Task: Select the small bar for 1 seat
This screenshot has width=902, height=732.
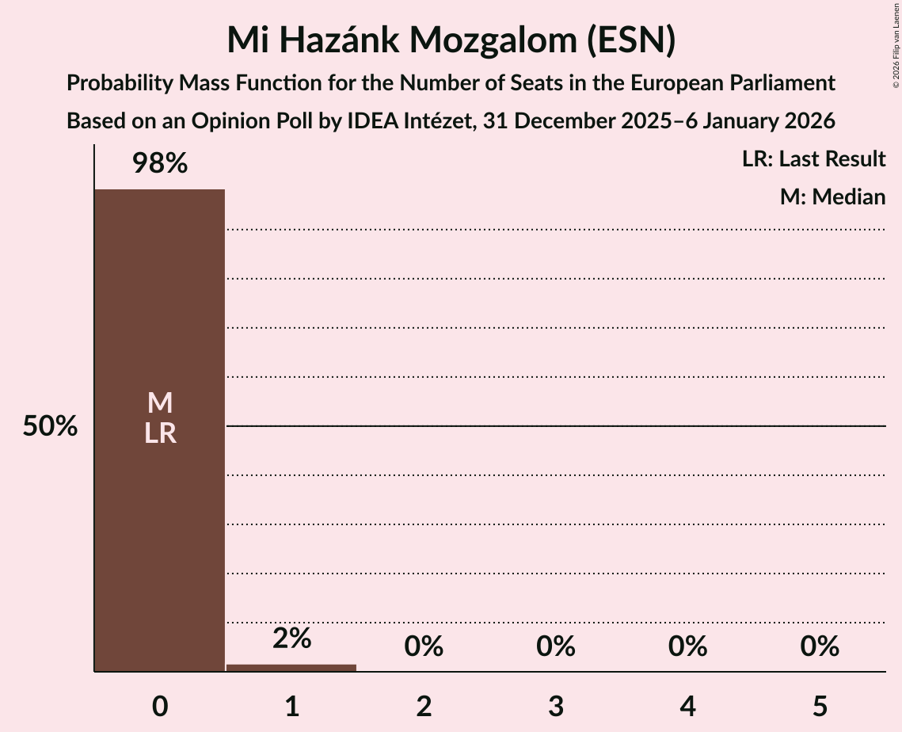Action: pyautogui.click(x=291, y=668)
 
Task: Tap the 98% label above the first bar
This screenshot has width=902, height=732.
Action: pyautogui.click(x=160, y=164)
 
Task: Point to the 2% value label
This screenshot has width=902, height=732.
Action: pyautogui.click(x=291, y=639)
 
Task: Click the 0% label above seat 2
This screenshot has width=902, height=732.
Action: pyautogui.click(x=424, y=646)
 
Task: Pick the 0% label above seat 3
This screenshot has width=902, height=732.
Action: pyautogui.click(x=555, y=646)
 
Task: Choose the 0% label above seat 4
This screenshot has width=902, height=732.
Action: pyautogui.click(x=687, y=646)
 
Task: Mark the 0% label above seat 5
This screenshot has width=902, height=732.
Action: pyautogui.click(x=819, y=646)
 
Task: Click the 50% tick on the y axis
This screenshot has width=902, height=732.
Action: pyautogui.click(x=50, y=427)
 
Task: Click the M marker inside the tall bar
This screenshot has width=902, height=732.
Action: pyautogui.click(x=160, y=403)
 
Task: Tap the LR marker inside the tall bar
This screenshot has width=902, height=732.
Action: pyautogui.click(x=160, y=433)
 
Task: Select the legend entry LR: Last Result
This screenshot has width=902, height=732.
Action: pyautogui.click(x=813, y=159)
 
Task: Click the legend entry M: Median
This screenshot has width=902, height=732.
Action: pyautogui.click(x=832, y=197)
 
